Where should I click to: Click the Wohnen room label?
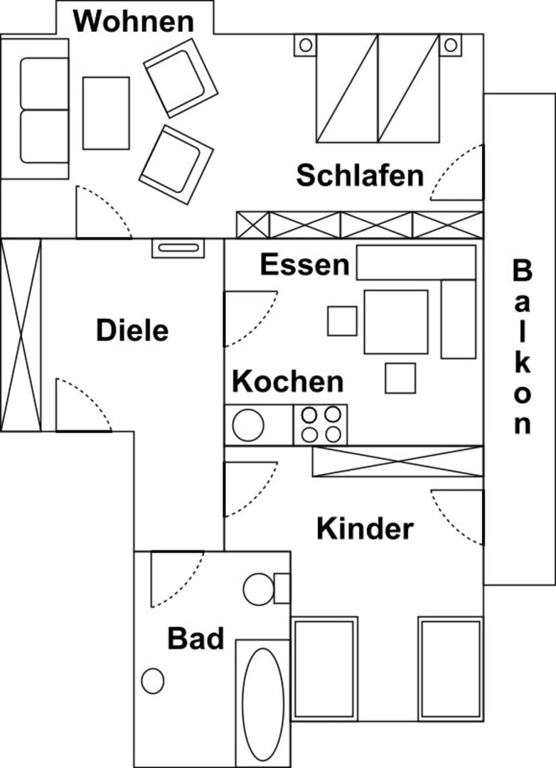click(x=133, y=21)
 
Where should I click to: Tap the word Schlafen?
click(x=360, y=175)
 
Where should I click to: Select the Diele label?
click(x=132, y=331)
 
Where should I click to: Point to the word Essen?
click(x=304, y=265)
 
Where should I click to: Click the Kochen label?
click(x=288, y=382)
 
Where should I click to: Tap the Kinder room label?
click(x=365, y=529)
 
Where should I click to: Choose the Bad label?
click(x=196, y=639)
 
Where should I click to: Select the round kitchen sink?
click(x=248, y=425)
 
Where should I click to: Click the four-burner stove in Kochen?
click(x=321, y=425)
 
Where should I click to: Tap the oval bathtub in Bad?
click(x=262, y=703)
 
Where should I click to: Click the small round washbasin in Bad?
click(x=153, y=681)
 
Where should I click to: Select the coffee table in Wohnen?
click(x=106, y=113)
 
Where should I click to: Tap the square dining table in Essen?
click(x=396, y=321)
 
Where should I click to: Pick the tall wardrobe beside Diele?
click(x=21, y=335)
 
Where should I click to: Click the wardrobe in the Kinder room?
click(x=397, y=462)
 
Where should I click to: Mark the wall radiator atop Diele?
click(x=178, y=248)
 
